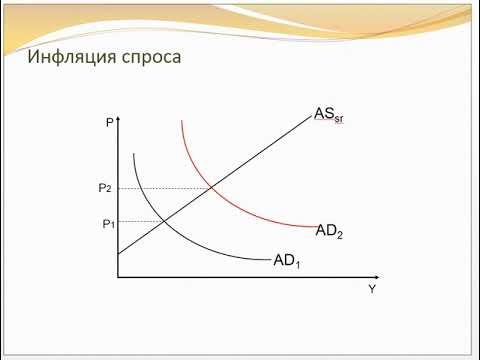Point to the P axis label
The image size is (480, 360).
pyautogui.click(x=108, y=124)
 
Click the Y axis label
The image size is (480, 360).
pyautogui.click(x=372, y=289)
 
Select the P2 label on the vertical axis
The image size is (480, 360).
pyautogui.click(x=105, y=188)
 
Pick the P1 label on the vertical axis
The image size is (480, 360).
pyautogui.click(x=108, y=223)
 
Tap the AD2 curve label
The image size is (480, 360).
pyautogui.click(x=329, y=231)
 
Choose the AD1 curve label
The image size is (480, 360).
pyautogui.click(x=287, y=261)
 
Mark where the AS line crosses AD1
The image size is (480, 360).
pyautogui.click(x=164, y=221)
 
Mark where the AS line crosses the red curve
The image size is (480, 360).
pyautogui.click(x=212, y=188)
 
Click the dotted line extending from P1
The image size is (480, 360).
pyautogui.click(x=141, y=221)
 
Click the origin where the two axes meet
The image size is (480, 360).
pyautogui.click(x=118, y=276)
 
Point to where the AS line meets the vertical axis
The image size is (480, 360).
pyautogui.click(x=118, y=254)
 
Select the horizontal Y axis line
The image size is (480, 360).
pyautogui.click(x=250, y=276)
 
